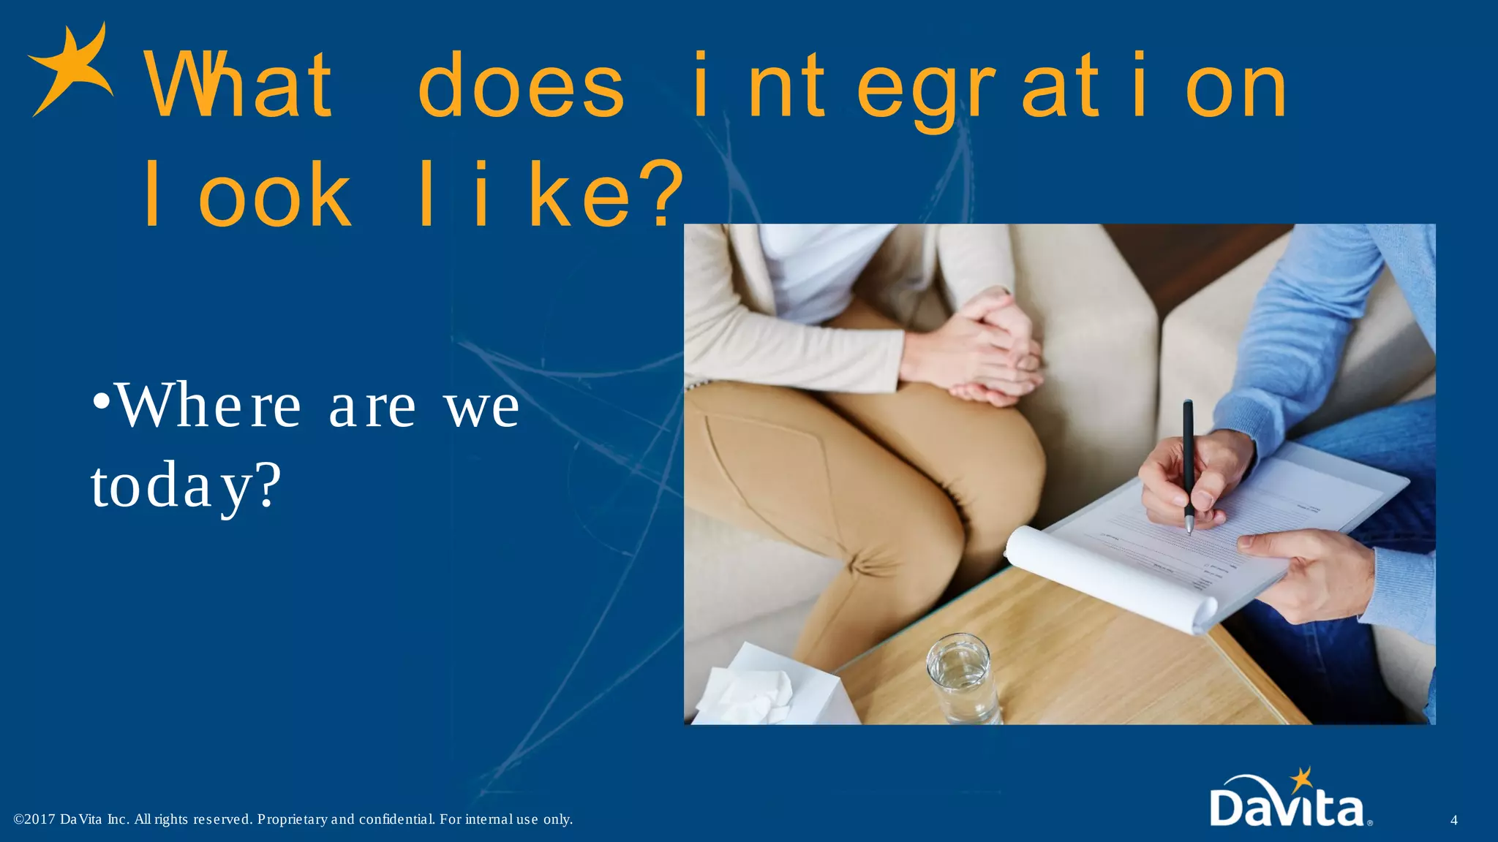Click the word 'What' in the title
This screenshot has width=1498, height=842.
pos(238,87)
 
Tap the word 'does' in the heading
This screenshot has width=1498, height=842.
pos(521,87)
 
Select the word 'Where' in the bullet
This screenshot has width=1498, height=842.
pos(208,406)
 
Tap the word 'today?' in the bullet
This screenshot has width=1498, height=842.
pos(186,486)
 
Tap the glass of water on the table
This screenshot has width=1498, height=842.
pos(962,680)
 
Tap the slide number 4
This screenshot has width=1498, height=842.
pos(1453,820)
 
